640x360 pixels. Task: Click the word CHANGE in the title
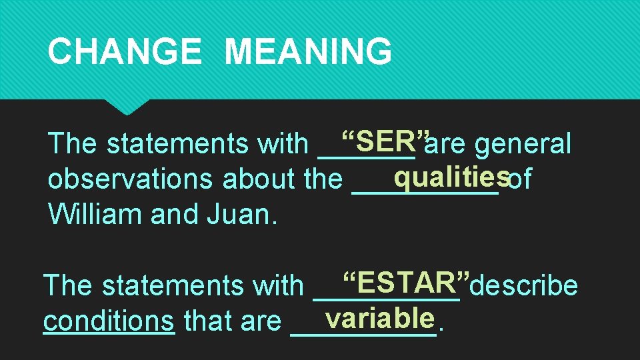pyautogui.click(x=125, y=51)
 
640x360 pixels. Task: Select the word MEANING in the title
pyautogui.click(x=308, y=51)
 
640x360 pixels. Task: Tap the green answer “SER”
pyautogui.click(x=384, y=141)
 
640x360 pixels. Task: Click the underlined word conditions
pyautogui.click(x=109, y=321)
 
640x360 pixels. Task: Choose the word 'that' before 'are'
pyautogui.click(x=203, y=321)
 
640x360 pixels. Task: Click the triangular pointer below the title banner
pyautogui.click(x=126, y=106)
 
